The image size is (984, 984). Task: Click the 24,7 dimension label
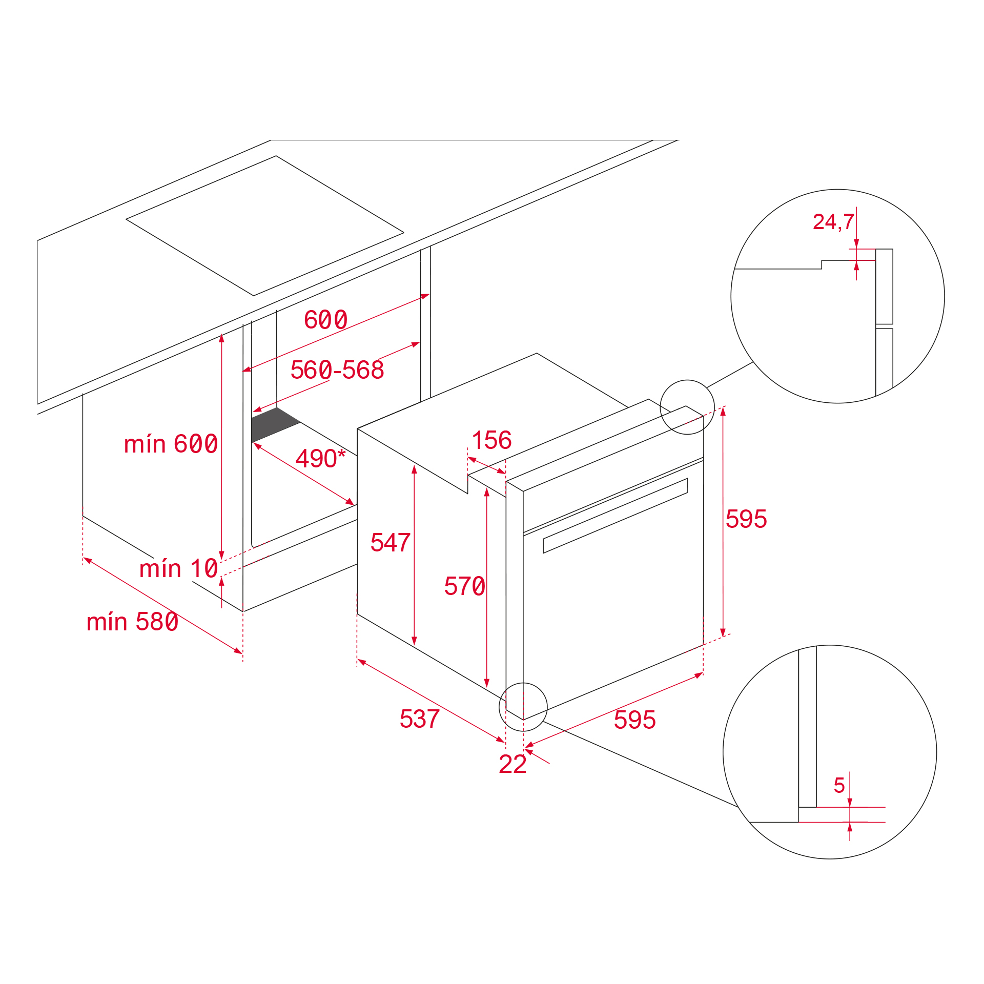pos(833,222)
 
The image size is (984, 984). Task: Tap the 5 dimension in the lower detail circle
pos(839,785)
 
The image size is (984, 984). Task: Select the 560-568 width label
pos(337,370)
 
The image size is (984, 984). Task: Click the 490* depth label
pos(320,458)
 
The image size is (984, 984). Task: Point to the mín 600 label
pos(171,444)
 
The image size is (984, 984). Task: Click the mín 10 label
pos(179,569)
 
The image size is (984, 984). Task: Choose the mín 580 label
pos(132,622)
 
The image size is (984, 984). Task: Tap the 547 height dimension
pos(390,542)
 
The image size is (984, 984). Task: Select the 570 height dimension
pos(464,586)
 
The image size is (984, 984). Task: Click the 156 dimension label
pos(491,440)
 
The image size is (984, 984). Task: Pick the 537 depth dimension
pos(419,719)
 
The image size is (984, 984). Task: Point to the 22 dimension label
pos(512,764)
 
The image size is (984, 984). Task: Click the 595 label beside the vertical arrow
pos(746,519)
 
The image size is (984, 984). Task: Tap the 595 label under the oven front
pos(634,720)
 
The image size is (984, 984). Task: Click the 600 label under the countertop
pos(325,320)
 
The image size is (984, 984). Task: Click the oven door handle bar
pos(615,516)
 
